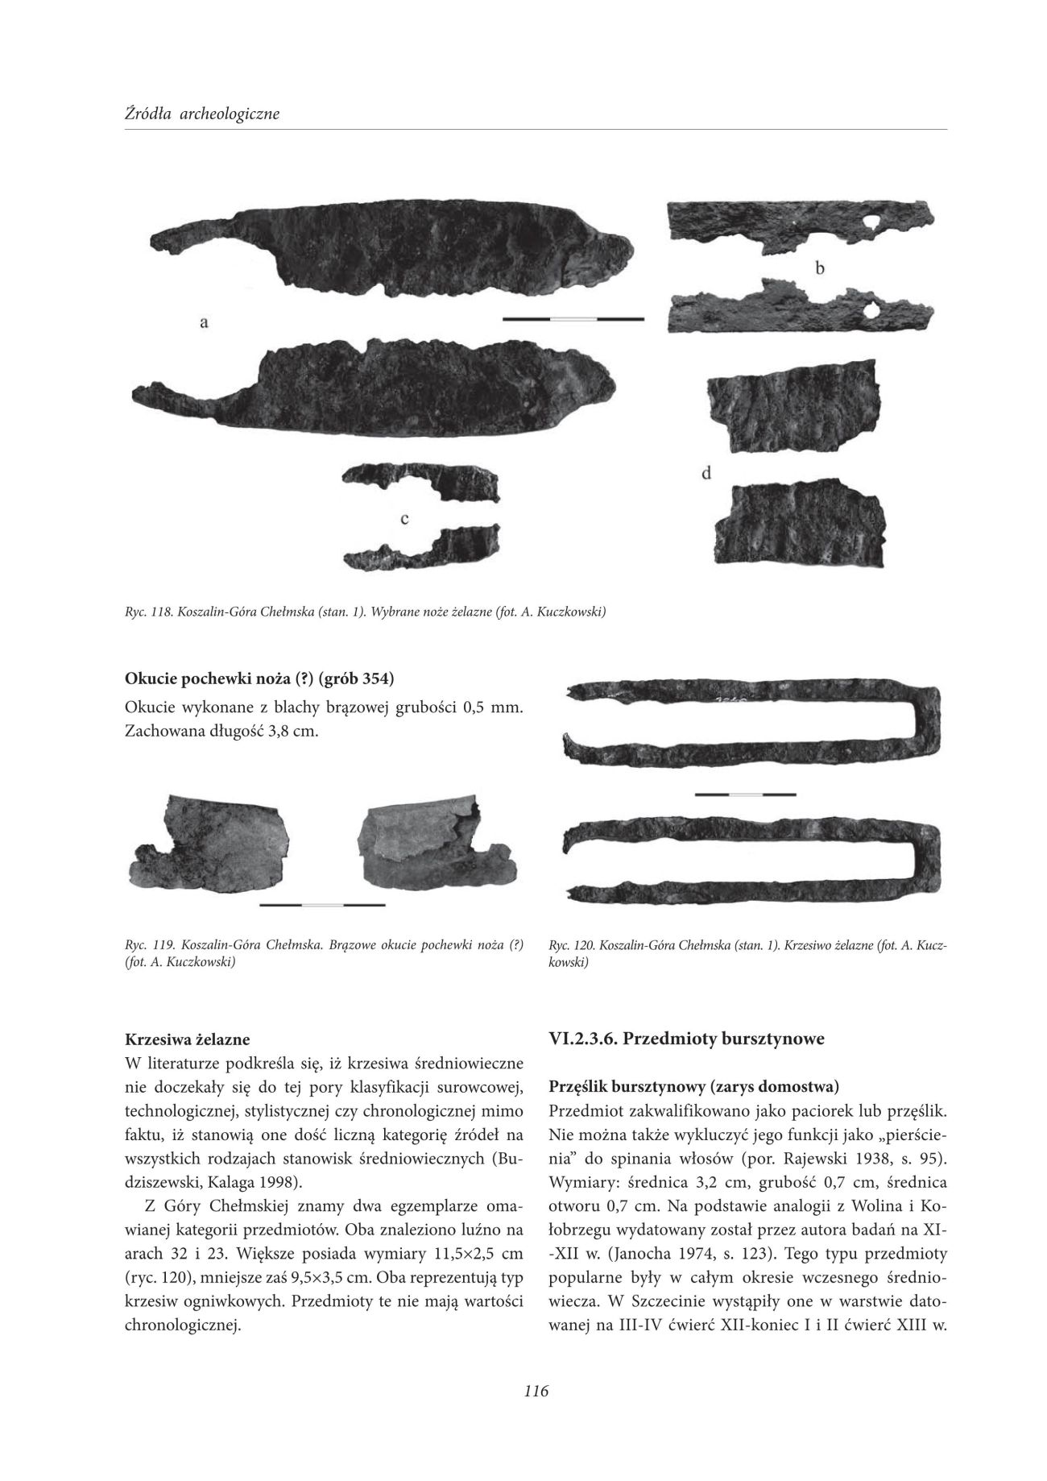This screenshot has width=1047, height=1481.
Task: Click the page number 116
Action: [535, 1389]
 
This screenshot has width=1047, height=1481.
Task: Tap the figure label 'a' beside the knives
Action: [205, 322]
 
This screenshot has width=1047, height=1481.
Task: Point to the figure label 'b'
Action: [819, 269]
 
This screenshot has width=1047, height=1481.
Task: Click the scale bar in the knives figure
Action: [573, 319]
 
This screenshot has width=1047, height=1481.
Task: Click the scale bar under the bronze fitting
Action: [322, 905]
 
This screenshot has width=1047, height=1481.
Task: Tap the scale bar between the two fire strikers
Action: [745, 794]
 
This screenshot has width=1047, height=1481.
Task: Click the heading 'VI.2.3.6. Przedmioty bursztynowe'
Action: [686, 1039]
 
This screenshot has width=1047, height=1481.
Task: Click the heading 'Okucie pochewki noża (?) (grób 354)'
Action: [259, 678]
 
